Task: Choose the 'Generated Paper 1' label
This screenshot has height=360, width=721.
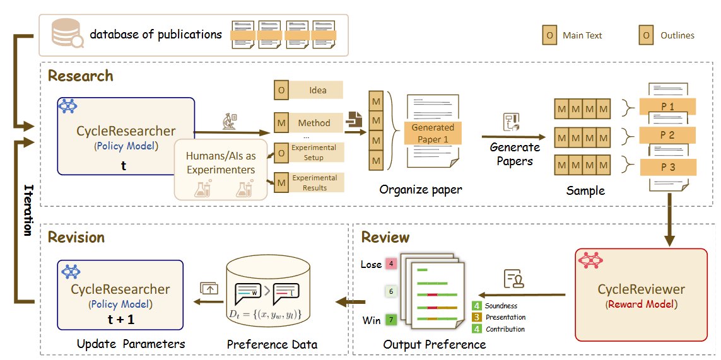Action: click(x=433, y=133)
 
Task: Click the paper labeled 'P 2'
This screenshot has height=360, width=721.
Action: click(x=667, y=136)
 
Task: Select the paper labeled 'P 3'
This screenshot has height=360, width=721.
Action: click(x=667, y=167)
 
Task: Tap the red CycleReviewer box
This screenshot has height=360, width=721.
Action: click(x=641, y=294)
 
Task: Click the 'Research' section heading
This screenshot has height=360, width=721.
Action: click(x=81, y=76)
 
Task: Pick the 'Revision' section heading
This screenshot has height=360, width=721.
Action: click(x=76, y=237)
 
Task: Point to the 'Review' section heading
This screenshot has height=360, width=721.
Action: click(x=385, y=237)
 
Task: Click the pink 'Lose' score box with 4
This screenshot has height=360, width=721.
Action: click(x=391, y=264)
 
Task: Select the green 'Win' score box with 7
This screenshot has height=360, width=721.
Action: click(x=391, y=320)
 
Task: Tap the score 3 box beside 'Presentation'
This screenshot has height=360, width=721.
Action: click(x=477, y=317)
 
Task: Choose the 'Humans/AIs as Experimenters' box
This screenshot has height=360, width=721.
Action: click(x=221, y=169)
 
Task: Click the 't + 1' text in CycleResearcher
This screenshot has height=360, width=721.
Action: click(x=120, y=319)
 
